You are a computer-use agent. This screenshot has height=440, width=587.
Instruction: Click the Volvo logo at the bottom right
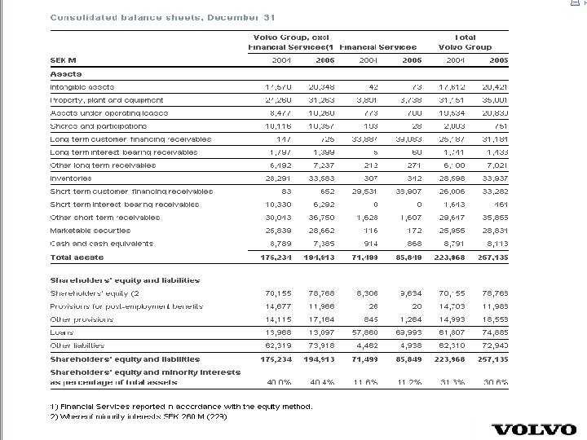pyautogui.click(x=533, y=429)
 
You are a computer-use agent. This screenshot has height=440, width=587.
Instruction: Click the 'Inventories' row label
pyautogui.click(x=71, y=178)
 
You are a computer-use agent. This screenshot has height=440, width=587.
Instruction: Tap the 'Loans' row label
pyautogui.click(x=62, y=332)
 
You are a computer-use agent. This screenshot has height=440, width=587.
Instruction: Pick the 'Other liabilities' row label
pyautogui.click(x=78, y=345)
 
